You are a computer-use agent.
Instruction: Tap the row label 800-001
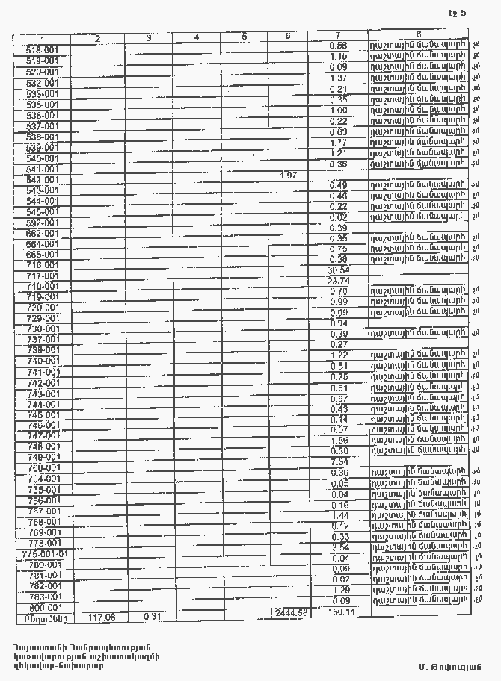tap(43, 608)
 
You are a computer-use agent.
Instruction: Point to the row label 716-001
tap(43, 265)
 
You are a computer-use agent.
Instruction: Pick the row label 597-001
tap(43, 223)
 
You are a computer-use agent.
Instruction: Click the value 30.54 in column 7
tap(339, 270)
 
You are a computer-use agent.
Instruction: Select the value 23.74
tap(339, 280)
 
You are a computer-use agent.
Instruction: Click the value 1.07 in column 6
tap(288, 175)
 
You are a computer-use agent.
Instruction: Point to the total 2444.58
tap(291, 613)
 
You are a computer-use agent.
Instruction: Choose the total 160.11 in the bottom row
tap(340, 612)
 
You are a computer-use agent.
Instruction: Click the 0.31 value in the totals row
tap(153, 616)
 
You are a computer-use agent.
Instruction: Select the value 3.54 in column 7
tap(339, 547)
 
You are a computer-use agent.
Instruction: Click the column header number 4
tap(196, 37)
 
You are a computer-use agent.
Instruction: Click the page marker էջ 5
tap(457, 13)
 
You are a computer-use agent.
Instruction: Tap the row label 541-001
tap(43, 169)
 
